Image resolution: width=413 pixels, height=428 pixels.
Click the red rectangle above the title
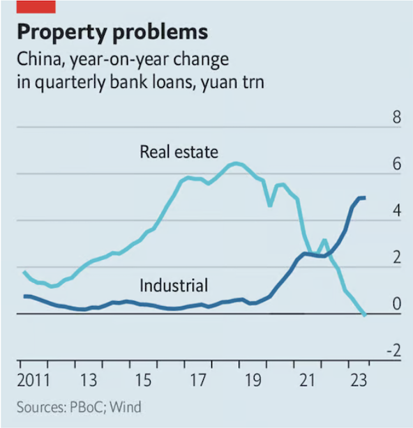[x=36, y=7]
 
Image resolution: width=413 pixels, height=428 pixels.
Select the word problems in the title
[x=160, y=33]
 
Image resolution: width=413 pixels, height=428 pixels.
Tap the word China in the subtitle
[x=41, y=59]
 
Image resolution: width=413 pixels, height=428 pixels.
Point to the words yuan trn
[x=232, y=82]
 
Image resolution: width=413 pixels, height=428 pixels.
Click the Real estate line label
[x=179, y=152]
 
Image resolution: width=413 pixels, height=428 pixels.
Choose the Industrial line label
[x=174, y=286]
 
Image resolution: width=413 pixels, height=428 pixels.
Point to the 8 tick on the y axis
[x=397, y=117]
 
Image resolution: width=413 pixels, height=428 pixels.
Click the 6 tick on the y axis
[x=397, y=164]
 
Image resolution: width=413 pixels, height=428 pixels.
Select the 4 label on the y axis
[x=397, y=211]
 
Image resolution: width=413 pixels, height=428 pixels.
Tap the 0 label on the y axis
[x=397, y=304]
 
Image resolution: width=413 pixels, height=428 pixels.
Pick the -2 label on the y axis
[x=394, y=351]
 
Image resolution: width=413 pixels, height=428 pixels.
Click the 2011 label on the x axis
[x=33, y=380]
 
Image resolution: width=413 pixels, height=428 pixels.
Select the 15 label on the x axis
[x=143, y=380]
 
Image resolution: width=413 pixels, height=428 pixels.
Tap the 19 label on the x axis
[x=253, y=380]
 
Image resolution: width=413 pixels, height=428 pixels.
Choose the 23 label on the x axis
[x=359, y=380]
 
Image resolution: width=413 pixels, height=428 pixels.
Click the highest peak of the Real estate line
[x=236, y=164]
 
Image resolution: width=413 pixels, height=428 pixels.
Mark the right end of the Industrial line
[x=365, y=198]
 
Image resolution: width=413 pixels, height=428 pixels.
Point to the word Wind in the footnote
[x=126, y=407]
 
